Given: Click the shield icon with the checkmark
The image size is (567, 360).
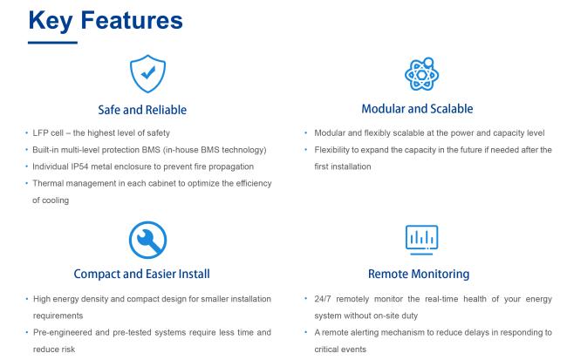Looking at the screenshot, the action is pyautogui.click(x=147, y=74).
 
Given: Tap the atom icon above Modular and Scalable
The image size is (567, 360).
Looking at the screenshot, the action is pyautogui.click(x=421, y=74).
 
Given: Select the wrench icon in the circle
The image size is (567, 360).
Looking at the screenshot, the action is pyautogui.click(x=147, y=240).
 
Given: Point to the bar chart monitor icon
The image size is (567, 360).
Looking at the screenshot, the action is pyautogui.click(x=421, y=240).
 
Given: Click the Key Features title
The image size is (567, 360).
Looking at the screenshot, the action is pyautogui.click(x=106, y=20).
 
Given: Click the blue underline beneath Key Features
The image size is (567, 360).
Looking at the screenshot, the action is pyautogui.click(x=53, y=43).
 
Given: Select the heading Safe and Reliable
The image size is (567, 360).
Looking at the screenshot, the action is pyautogui.click(x=142, y=110).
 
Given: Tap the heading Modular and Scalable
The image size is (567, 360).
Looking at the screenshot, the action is pyautogui.click(x=417, y=109).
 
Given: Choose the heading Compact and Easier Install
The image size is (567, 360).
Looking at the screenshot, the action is pyautogui.click(x=141, y=274).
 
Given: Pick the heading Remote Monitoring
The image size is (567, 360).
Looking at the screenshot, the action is pyautogui.click(x=419, y=274).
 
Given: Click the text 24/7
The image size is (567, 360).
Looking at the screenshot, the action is pyautogui.click(x=323, y=299).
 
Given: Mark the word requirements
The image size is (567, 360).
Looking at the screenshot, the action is pyautogui.click(x=58, y=316).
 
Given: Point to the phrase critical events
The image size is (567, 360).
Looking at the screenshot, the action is pyautogui.click(x=340, y=350).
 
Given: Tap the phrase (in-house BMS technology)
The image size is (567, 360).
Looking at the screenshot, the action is pyautogui.click(x=215, y=150).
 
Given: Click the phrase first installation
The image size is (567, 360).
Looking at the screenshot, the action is pyautogui.click(x=343, y=166).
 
